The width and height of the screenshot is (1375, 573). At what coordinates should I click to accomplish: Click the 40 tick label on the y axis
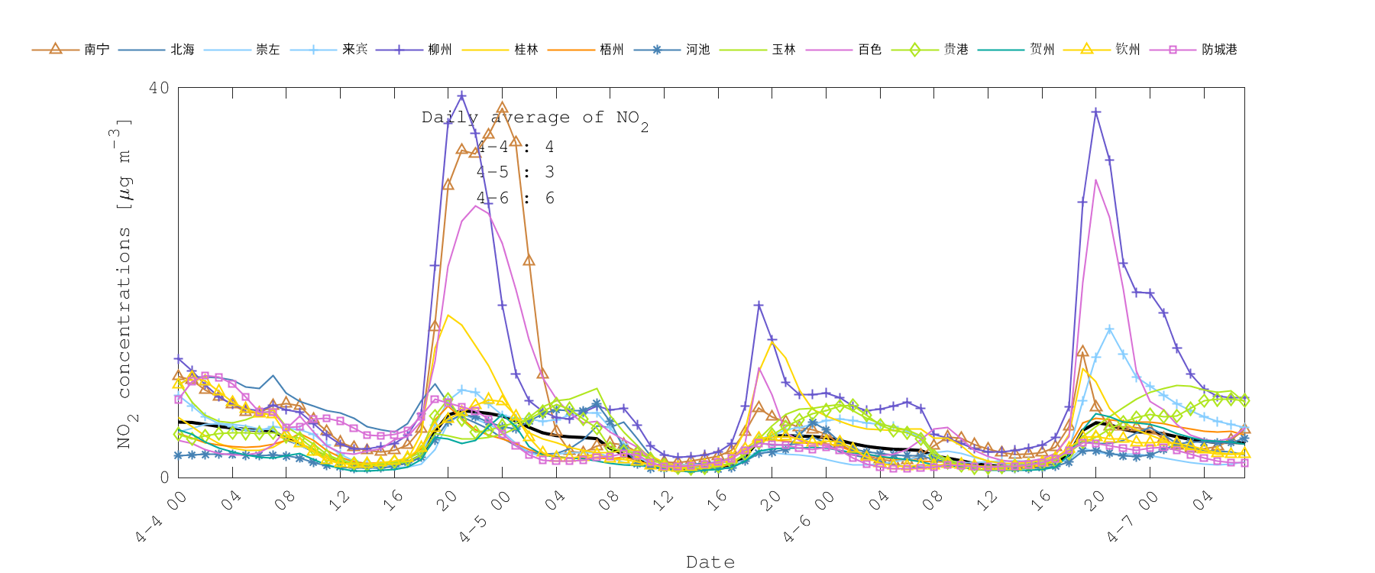pyautogui.click(x=159, y=88)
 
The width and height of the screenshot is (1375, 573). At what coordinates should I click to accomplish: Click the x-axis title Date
pyautogui.click(x=710, y=562)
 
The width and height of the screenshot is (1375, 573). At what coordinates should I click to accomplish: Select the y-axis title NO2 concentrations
pyautogui.click(x=122, y=283)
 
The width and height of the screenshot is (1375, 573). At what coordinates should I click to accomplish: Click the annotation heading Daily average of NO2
pyautogui.click(x=535, y=118)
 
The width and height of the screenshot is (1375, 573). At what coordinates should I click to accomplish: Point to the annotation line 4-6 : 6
pyautogui.click(x=516, y=199)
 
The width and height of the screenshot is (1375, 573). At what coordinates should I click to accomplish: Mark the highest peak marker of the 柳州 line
pyautogui.click(x=461, y=95)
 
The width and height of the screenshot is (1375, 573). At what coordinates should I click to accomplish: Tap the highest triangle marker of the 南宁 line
pyautogui.click(x=502, y=108)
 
